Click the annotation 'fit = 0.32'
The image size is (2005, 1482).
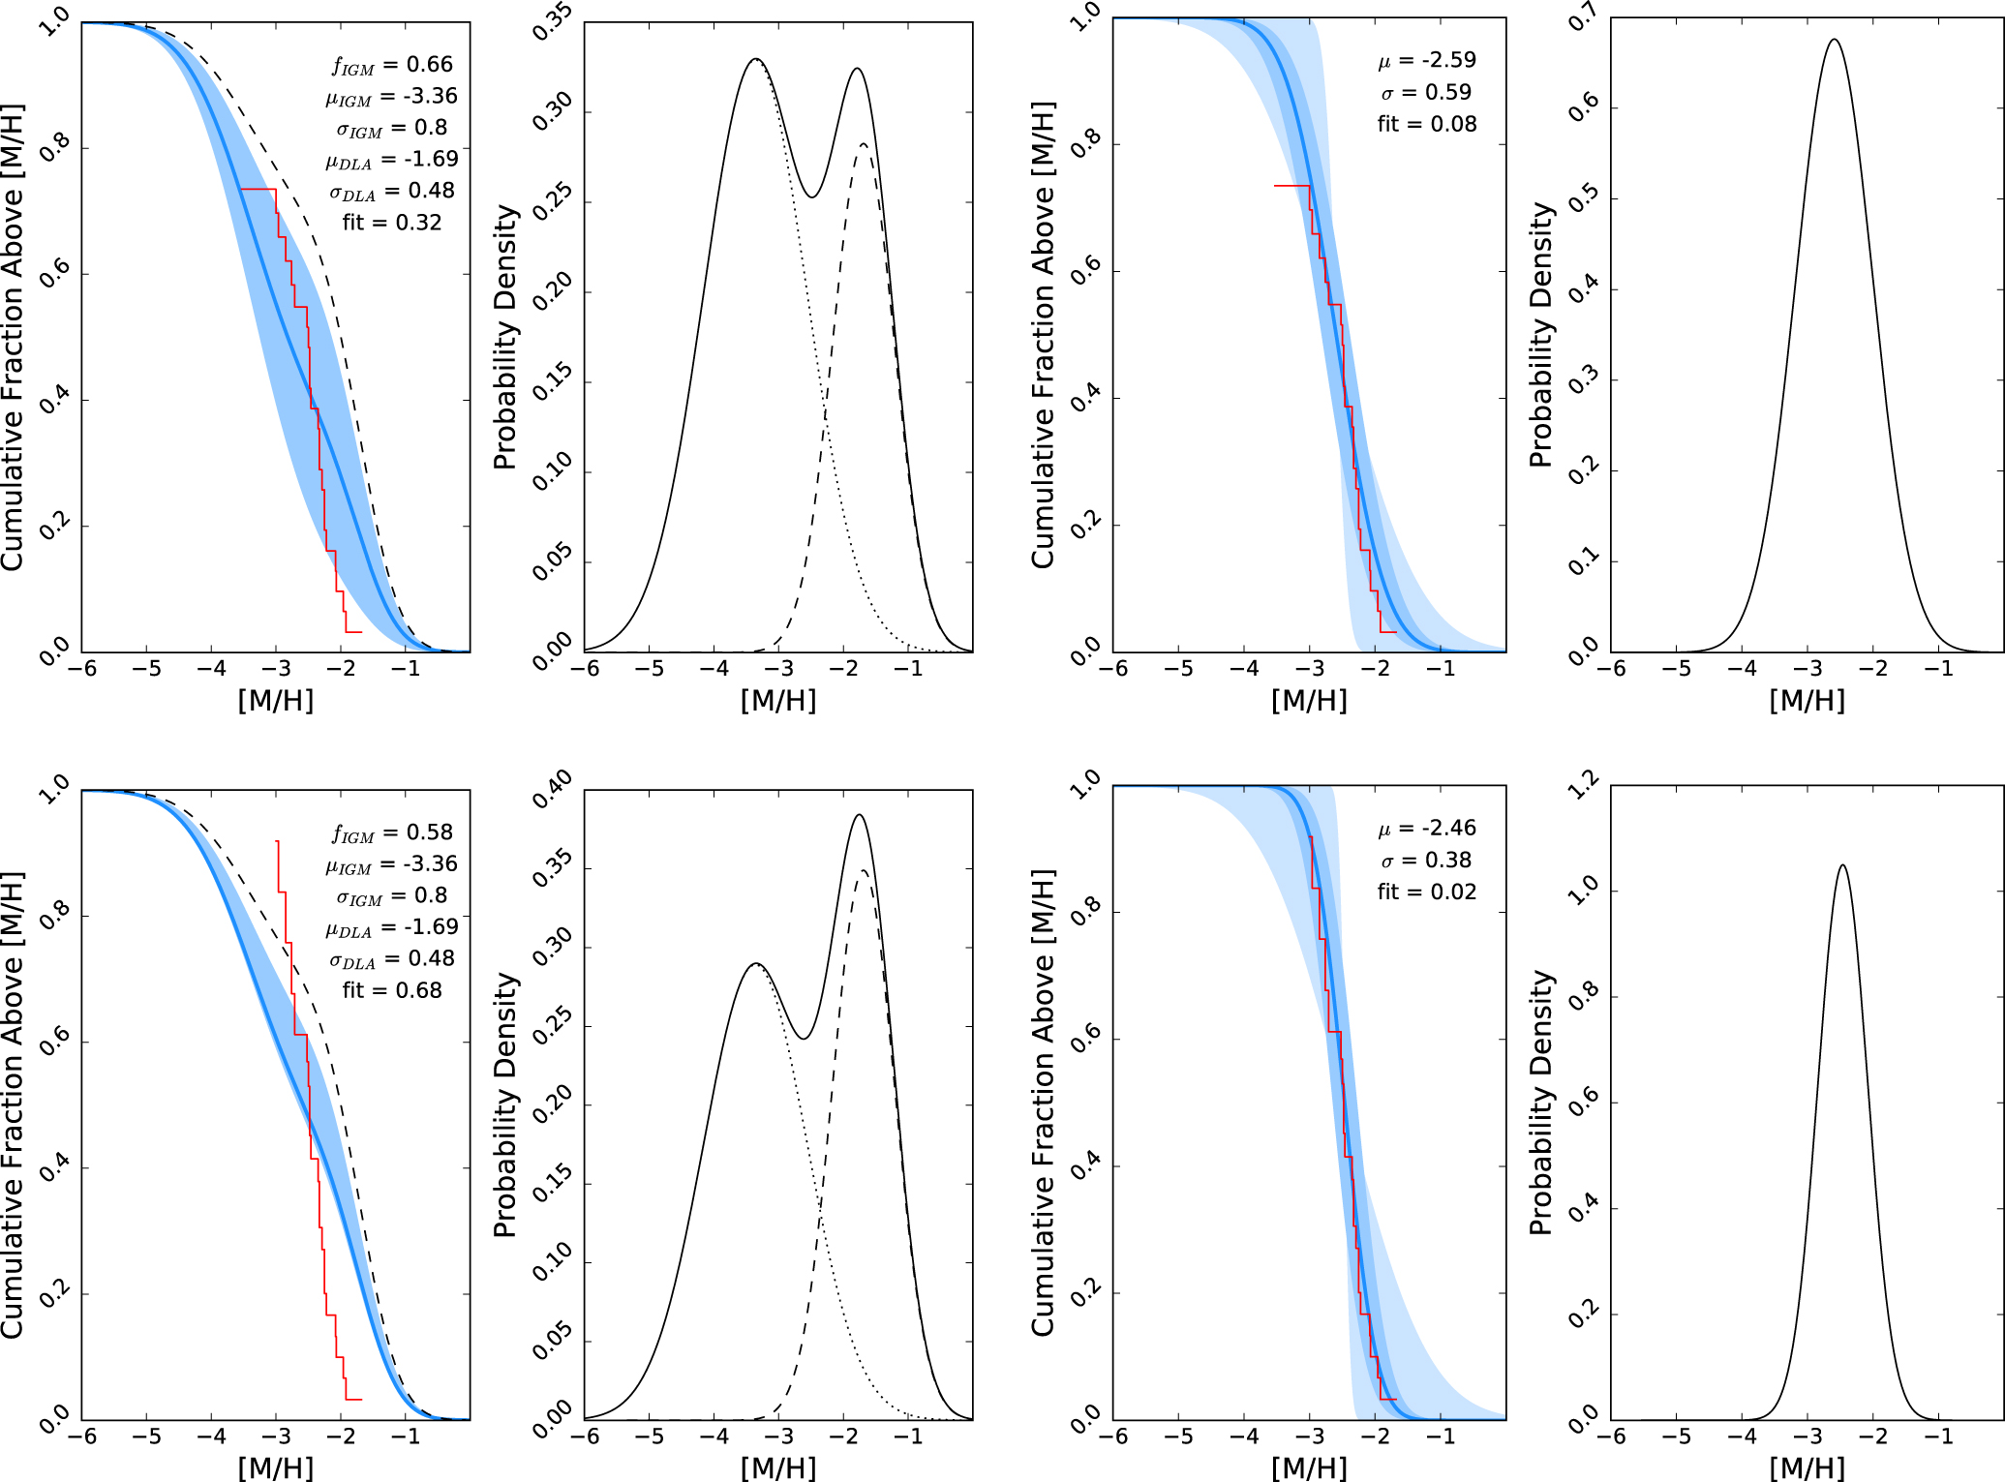pos(391,223)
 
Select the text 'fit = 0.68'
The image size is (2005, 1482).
pos(391,990)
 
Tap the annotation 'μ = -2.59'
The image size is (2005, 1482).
pos(1427,60)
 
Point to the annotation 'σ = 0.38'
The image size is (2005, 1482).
pos(1426,861)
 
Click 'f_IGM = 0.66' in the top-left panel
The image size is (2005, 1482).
pos(392,65)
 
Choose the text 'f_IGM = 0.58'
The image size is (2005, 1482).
pos(392,832)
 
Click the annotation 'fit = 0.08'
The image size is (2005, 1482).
pos(1427,124)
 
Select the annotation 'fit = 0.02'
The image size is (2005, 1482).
pos(1427,892)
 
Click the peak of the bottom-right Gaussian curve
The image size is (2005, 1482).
pos(1842,865)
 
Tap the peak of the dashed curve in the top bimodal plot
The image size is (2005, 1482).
pos(863,144)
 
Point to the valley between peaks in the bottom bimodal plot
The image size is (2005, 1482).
pos(803,1039)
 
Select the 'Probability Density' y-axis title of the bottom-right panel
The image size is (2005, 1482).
pos(1540,1104)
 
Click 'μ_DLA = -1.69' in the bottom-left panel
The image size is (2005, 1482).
pos(391,927)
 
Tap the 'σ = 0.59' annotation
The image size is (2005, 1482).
pos(1426,92)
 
